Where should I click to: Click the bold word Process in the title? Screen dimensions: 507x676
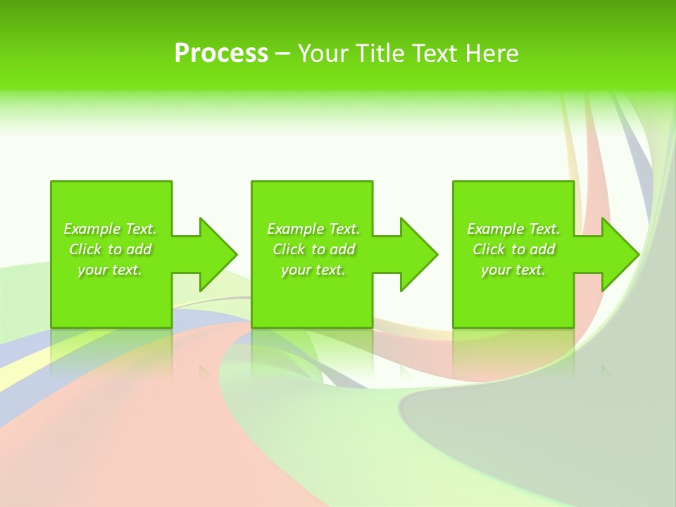[x=221, y=54]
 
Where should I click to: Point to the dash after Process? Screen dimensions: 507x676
[x=282, y=54]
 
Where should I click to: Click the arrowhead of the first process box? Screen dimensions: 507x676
[x=218, y=254]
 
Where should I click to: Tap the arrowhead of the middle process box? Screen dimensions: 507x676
[x=418, y=254]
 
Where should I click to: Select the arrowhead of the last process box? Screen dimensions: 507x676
[x=620, y=254]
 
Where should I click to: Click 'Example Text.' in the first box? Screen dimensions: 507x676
[x=110, y=229]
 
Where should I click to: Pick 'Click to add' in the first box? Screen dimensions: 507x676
[x=110, y=249]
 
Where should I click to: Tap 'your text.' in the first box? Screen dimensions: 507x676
[x=110, y=270]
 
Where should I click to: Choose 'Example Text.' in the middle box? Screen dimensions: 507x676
[x=313, y=229]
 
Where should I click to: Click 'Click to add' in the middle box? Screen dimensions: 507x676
[x=313, y=249]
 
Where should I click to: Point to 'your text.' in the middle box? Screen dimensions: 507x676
[x=313, y=270]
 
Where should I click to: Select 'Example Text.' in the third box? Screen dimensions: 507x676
[x=513, y=229]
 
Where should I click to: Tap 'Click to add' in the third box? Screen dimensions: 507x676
[x=513, y=249]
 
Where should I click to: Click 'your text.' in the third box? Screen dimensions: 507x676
[x=513, y=270]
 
